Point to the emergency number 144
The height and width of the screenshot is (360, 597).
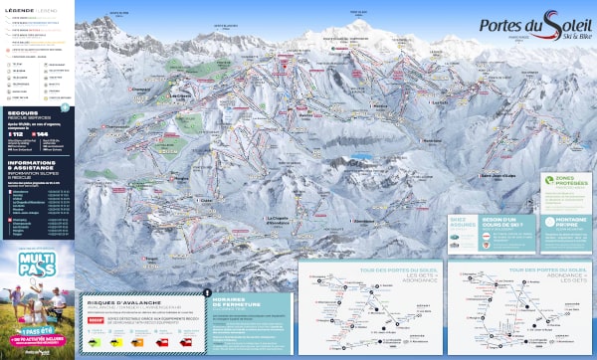click(x=41, y=133)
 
